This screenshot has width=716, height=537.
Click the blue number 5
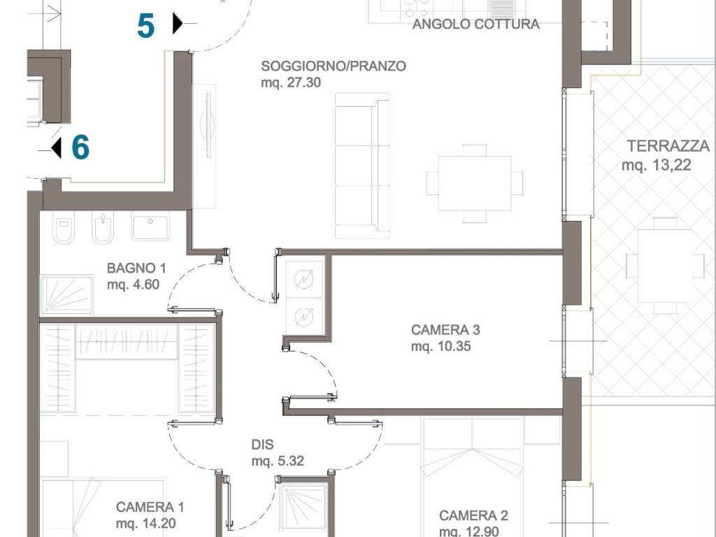tap(145, 26)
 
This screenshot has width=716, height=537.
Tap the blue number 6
tap(80, 147)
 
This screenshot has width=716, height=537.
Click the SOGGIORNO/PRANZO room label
tap(334, 66)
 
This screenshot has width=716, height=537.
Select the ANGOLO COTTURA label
tap(475, 24)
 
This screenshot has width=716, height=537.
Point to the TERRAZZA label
tap(668, 146)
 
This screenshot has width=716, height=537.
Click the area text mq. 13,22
tap(656, 165)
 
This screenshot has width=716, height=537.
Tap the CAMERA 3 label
tap(445, 330)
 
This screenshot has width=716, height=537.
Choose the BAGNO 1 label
tap(136, 268)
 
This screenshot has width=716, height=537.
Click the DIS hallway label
tap(263, 444)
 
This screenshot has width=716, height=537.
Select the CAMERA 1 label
tap(150, 507)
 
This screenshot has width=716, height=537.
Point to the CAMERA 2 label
tap(473, 515)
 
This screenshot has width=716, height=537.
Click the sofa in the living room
tap(363, 166)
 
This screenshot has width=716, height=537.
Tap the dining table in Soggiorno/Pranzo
tap(475, 184)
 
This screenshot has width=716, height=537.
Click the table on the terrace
tap(665, 266)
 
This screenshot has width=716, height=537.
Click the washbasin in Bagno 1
tap(150, 226)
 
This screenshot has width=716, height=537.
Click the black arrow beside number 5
tap(178, 23)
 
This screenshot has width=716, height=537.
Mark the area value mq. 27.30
tap(291, 83)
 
